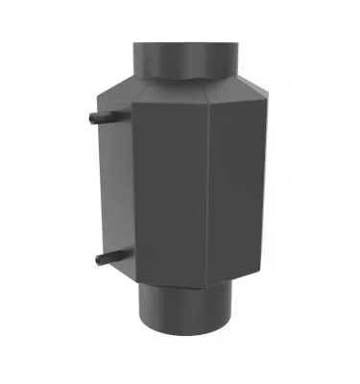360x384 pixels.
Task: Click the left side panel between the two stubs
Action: [113, 187]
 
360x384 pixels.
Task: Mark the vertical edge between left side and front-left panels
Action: [132, 192]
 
